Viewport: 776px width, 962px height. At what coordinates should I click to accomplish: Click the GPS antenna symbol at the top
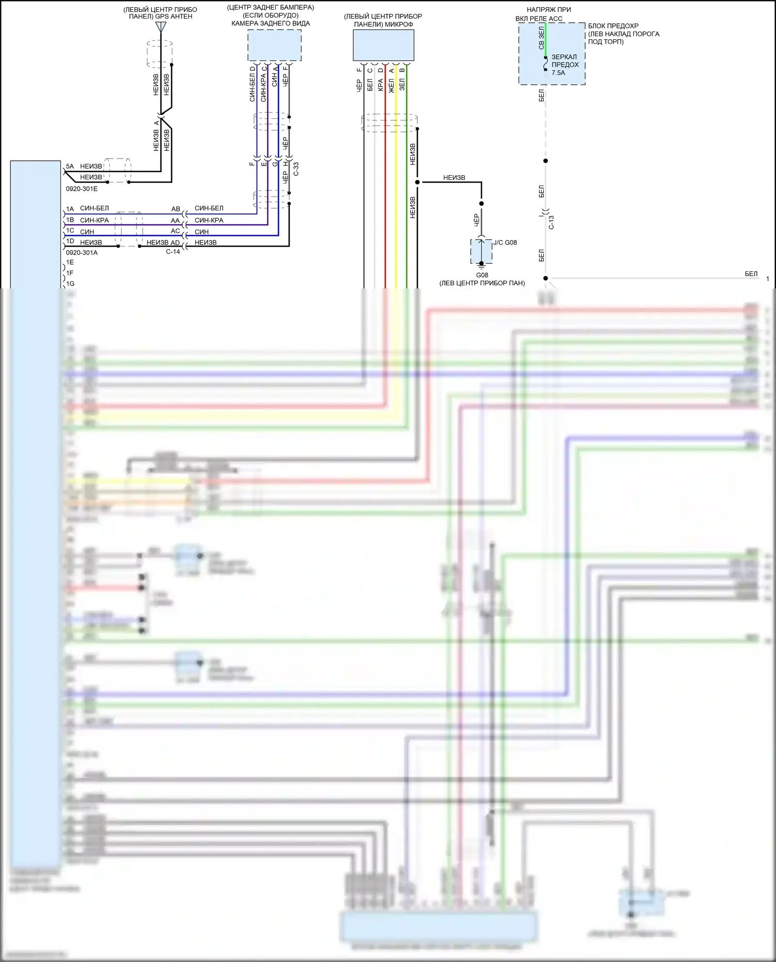(161, 26)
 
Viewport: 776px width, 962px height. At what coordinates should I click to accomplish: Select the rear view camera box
(274, 45)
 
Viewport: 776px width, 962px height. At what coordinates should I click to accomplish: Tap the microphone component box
(383, 45)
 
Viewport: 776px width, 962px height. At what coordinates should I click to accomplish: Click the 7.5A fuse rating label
(558, 73)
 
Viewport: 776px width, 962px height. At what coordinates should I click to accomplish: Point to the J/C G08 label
(505, 242)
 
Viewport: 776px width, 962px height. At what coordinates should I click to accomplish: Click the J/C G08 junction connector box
(481, 251)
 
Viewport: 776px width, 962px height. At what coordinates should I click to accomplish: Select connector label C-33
(296, 169)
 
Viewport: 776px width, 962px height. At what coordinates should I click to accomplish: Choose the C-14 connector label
(173, 252)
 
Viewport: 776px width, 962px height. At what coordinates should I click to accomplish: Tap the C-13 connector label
(551, 222)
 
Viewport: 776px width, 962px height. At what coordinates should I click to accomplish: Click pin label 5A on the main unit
(70, 166)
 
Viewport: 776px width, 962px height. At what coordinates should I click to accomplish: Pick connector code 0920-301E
(81, 189)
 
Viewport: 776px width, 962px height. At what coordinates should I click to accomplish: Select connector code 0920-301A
(81, 253)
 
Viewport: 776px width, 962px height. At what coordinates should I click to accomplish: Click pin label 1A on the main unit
(70, 209)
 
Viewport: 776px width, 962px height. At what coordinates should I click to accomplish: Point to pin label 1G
(70, 284)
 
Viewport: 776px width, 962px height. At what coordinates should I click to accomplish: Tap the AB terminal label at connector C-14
(176, 209)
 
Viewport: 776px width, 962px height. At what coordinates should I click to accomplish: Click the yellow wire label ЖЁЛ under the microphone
(392, 85)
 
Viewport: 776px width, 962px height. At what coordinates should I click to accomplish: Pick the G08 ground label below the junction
(482, 275)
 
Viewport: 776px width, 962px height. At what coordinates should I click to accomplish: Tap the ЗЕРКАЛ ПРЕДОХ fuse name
(564, 61)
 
